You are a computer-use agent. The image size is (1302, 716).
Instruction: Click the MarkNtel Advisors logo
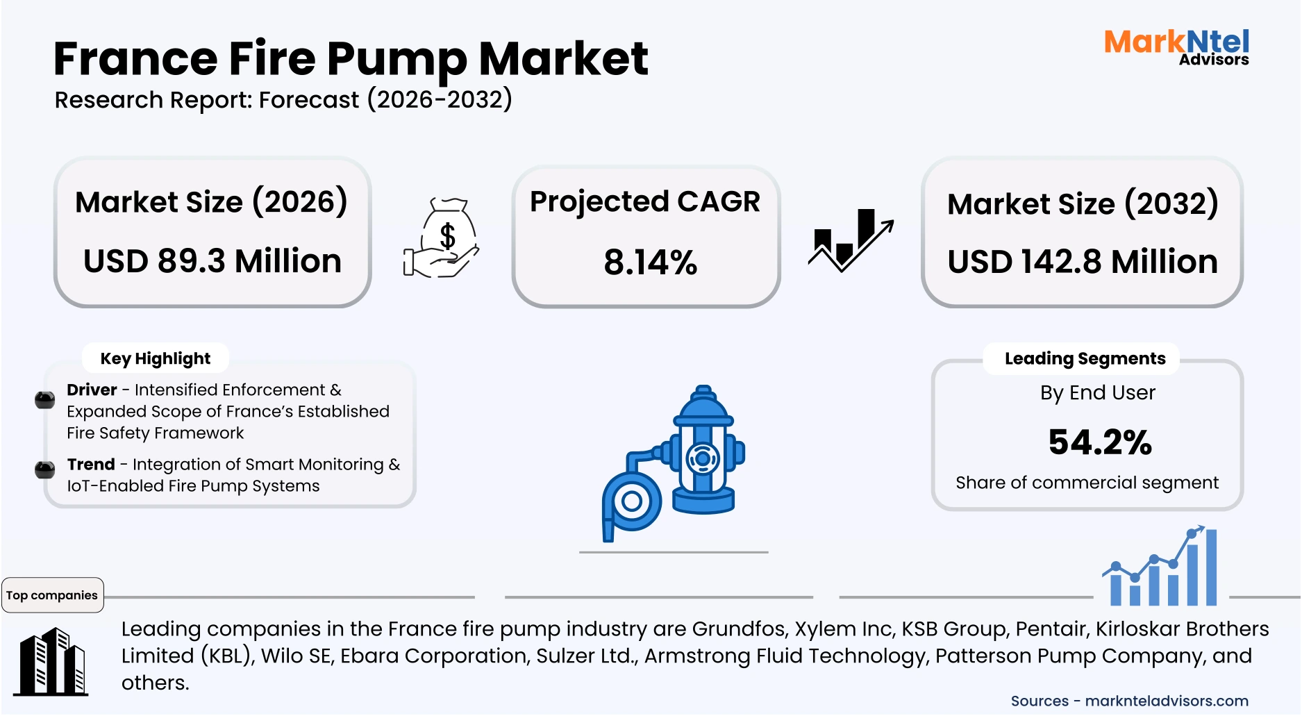coord(1176,47)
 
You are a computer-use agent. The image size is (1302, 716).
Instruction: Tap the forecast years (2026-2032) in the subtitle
coord(439,100)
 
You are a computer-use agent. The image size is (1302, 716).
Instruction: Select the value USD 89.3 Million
coord(212,262)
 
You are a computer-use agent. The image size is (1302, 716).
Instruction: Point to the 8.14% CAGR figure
coord(650,263)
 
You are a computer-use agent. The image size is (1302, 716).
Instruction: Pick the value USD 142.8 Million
coord(1082,263)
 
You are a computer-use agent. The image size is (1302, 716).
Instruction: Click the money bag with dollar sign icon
coord(442,238)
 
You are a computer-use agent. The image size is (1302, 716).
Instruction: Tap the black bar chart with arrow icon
coord(851,240)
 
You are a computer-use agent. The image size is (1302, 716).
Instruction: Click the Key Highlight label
coord(155,359)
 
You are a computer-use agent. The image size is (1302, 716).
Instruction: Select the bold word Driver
coord(92,390)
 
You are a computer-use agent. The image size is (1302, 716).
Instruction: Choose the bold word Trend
coord(91,465)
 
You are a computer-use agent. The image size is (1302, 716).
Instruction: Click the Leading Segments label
coord(1085,359)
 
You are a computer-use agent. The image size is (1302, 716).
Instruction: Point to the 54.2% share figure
coord(1100,442)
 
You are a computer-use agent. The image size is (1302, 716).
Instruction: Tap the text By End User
coord(1097,393)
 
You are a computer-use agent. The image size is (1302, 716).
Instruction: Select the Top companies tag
coord(52,595)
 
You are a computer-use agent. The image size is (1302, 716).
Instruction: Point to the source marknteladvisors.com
coord(1166,701)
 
